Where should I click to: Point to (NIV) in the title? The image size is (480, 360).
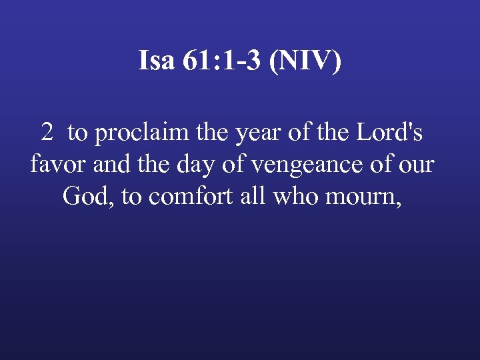coord(307,61)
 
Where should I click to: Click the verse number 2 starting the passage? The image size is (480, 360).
coord(47,133)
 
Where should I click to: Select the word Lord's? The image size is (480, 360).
coord(389,133)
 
